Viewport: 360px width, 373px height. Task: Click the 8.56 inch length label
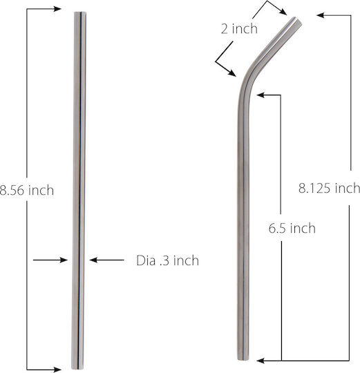(x=27, y=191)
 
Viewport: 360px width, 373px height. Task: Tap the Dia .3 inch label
(x=167, y=260)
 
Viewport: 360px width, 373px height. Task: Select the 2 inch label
(x=239, y=28)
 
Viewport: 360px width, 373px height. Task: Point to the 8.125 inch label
(x=330, y=188)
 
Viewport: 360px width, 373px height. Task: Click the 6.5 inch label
(x=292, y=228)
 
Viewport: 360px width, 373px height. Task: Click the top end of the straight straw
(x=80, y=12)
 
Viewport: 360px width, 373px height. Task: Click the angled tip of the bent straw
(x=298, y=21)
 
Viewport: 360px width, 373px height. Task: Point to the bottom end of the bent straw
(x=243, y=358)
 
